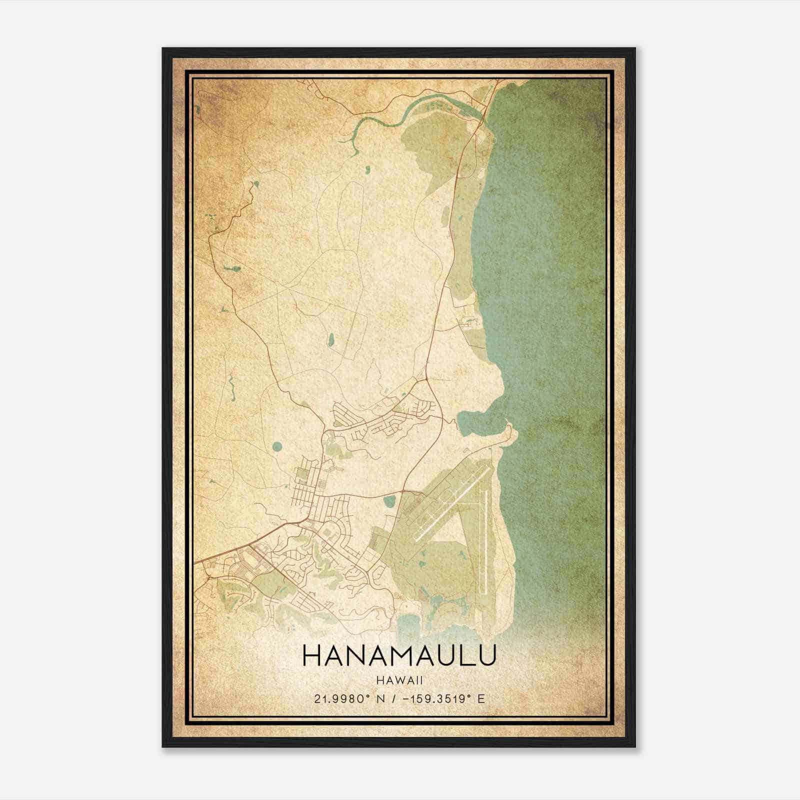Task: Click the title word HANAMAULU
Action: click(x=399, y=656)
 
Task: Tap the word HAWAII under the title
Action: click(x=399, y=680)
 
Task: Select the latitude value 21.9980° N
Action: click(x=348, y=698)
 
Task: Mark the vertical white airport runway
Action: click(x=484, y=540)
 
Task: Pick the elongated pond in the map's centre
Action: click(x=330, y=339)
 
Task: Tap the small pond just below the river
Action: click(x=367, y=170)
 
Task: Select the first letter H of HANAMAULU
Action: click(x=310, y=656)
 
